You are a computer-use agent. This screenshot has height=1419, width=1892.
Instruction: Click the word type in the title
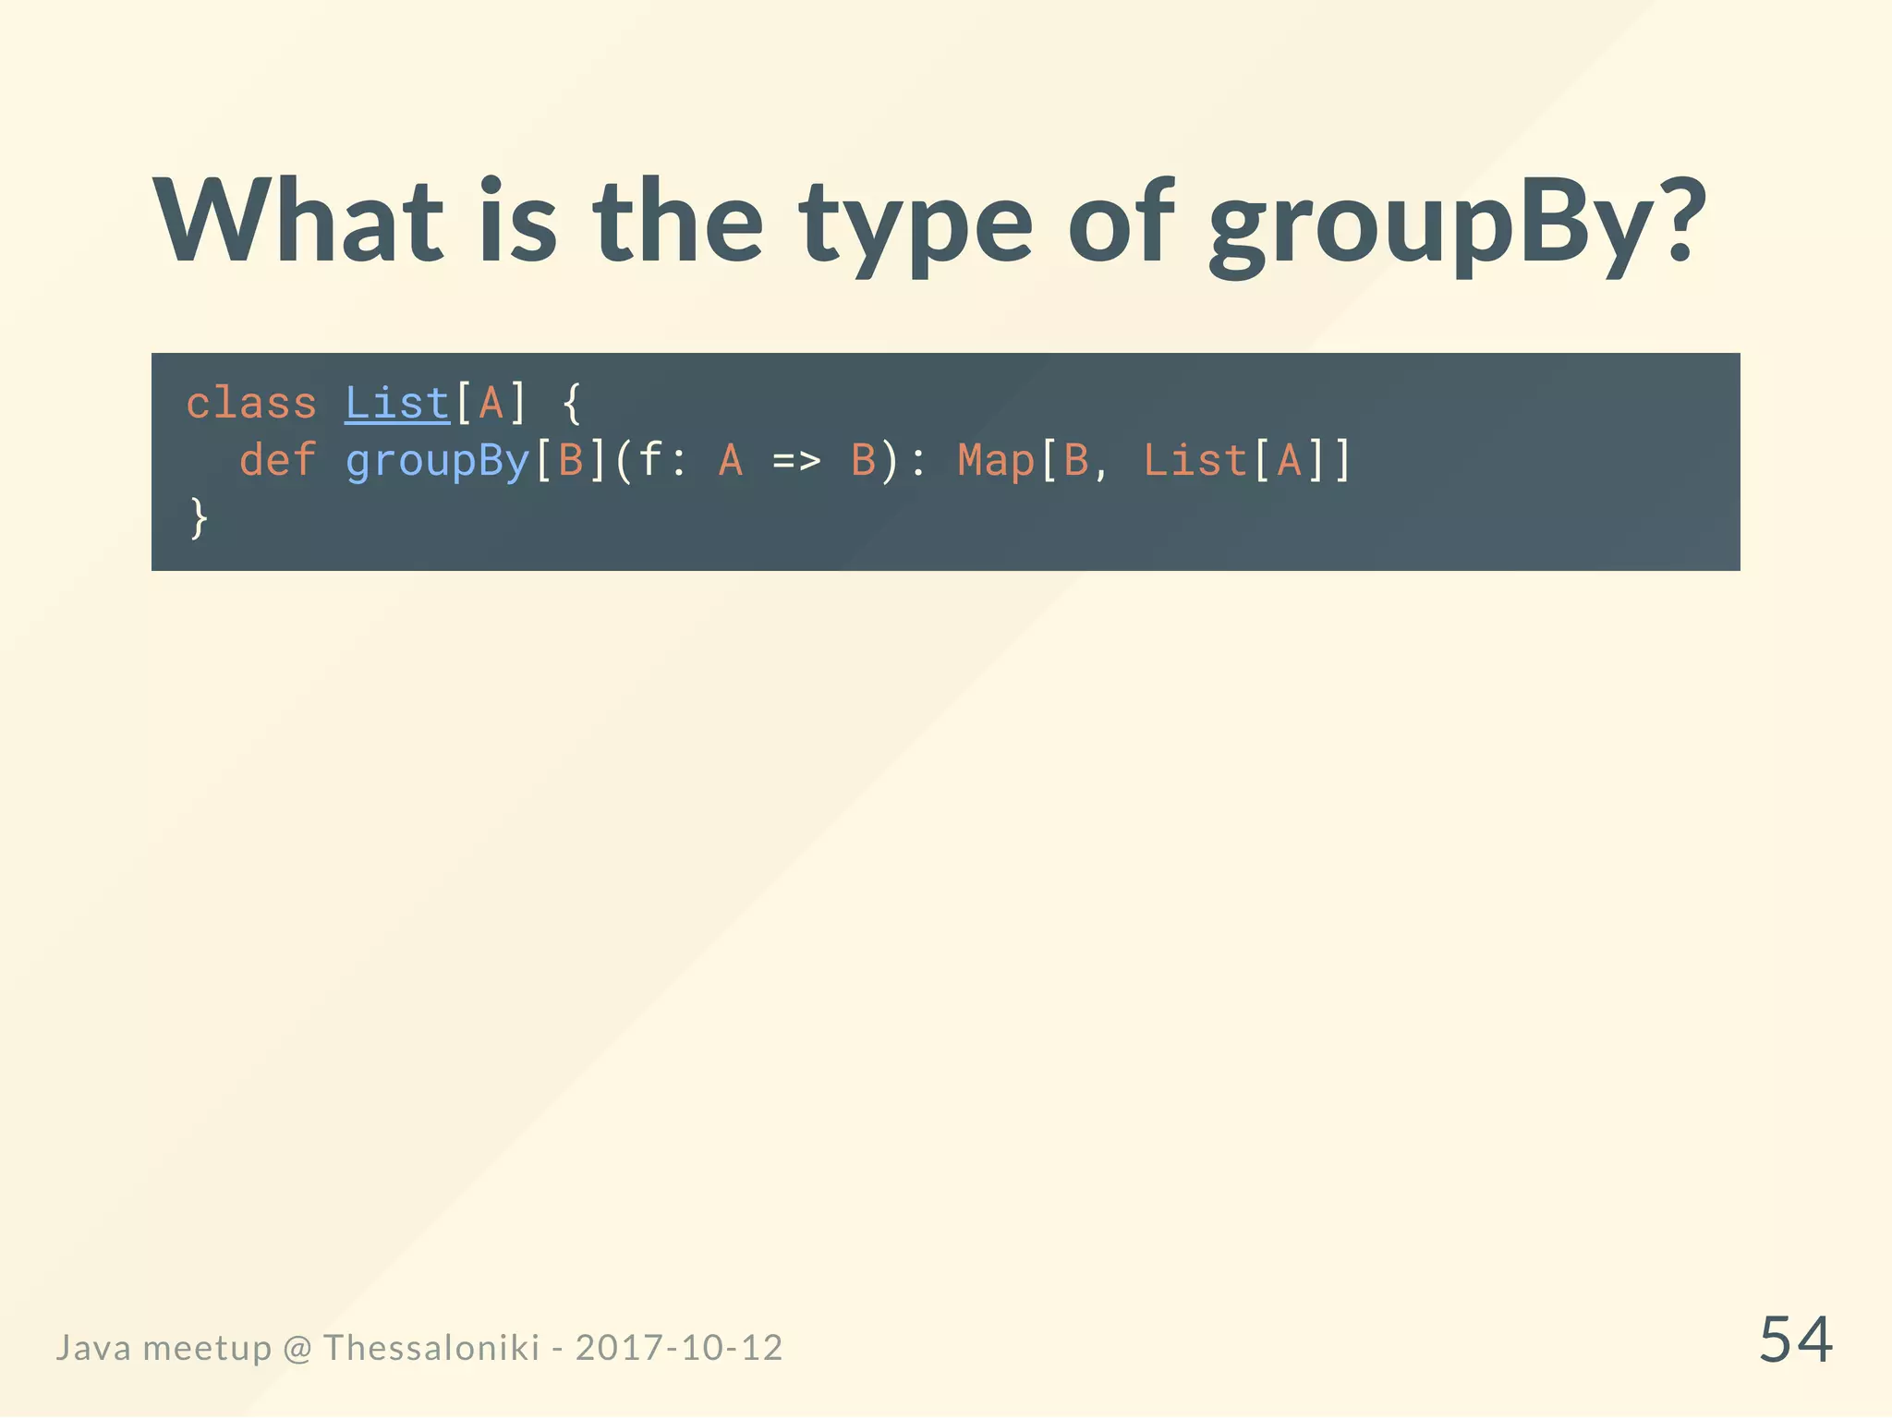[916, 226]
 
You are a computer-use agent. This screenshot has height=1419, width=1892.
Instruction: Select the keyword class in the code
[251, 404]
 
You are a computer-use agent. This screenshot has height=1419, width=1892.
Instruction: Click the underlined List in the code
[397, 404]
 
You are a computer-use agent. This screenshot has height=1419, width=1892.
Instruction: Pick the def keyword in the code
[277, 460]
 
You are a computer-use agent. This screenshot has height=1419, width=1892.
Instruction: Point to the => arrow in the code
[796, 460]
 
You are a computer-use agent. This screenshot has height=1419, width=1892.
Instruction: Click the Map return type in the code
[996, 460]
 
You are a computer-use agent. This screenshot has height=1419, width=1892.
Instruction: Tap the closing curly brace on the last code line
[199, 517]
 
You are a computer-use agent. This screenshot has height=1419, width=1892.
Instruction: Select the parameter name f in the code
[651, 459]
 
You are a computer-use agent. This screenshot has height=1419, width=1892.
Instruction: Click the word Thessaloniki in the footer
[431, 1348]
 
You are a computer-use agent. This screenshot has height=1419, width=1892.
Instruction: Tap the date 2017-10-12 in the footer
[679, 1348]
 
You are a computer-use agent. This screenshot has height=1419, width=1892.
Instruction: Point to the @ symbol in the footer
[297, 1349]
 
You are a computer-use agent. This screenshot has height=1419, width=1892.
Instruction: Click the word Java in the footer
[93, 1348]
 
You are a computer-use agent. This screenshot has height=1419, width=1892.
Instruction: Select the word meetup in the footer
[207, 1349]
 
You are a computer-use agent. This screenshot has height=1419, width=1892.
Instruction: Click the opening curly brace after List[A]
[572, 404]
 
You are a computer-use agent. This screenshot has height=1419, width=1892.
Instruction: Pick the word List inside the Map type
[1195, 460]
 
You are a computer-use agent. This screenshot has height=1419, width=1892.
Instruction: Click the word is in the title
[517, 222]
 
